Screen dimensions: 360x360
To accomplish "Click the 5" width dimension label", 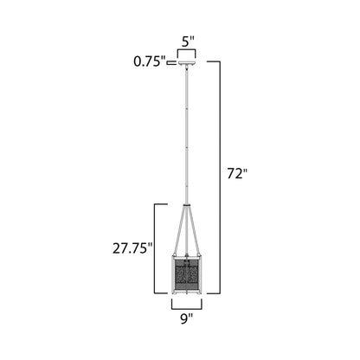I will pos(186,40).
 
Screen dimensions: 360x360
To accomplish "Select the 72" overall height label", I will pos(237,172).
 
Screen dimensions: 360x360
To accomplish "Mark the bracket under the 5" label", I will pos(187,53).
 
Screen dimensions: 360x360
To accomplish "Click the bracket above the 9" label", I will pos(186,304).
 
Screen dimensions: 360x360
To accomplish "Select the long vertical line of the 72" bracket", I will pos(220,173).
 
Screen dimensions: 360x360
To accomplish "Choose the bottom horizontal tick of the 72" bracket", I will pos(214,292).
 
